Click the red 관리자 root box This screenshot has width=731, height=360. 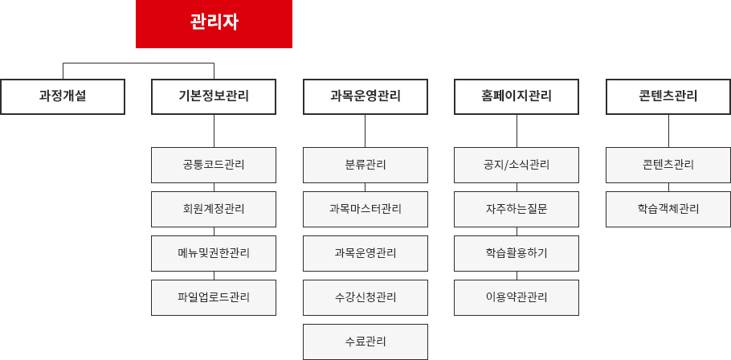(x=214, y=23)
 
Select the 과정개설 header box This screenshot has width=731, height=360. (x=63, y=96)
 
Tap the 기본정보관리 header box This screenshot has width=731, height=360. (x=214, y=96)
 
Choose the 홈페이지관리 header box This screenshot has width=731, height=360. (x=517, y=96)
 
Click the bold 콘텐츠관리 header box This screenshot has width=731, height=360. (x=668, y=96)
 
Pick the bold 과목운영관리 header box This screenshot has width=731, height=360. (x=365, y=96)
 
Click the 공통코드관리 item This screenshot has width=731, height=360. (x=214, y=165)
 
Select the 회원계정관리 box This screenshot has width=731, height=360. (x=214, y=209)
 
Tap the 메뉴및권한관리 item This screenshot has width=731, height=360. (x=214, y=253)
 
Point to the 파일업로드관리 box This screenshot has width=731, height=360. (x=214, y=297)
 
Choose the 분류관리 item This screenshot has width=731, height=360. (x=365, y=165)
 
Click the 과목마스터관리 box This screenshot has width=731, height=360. (x=365, y=209)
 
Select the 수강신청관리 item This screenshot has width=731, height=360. (x=365, y=297)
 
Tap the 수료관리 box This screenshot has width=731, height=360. (x=365, y=342)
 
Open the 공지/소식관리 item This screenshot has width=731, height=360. (x=517, y=165)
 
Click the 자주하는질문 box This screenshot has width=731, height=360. (x=517, y=209)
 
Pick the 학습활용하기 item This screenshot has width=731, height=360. (x=517, y=253)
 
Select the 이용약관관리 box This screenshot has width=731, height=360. (x=517, y=297)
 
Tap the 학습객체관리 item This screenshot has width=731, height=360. (x=668, y=209)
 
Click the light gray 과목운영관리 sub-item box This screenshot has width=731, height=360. (x=365, y=253)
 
